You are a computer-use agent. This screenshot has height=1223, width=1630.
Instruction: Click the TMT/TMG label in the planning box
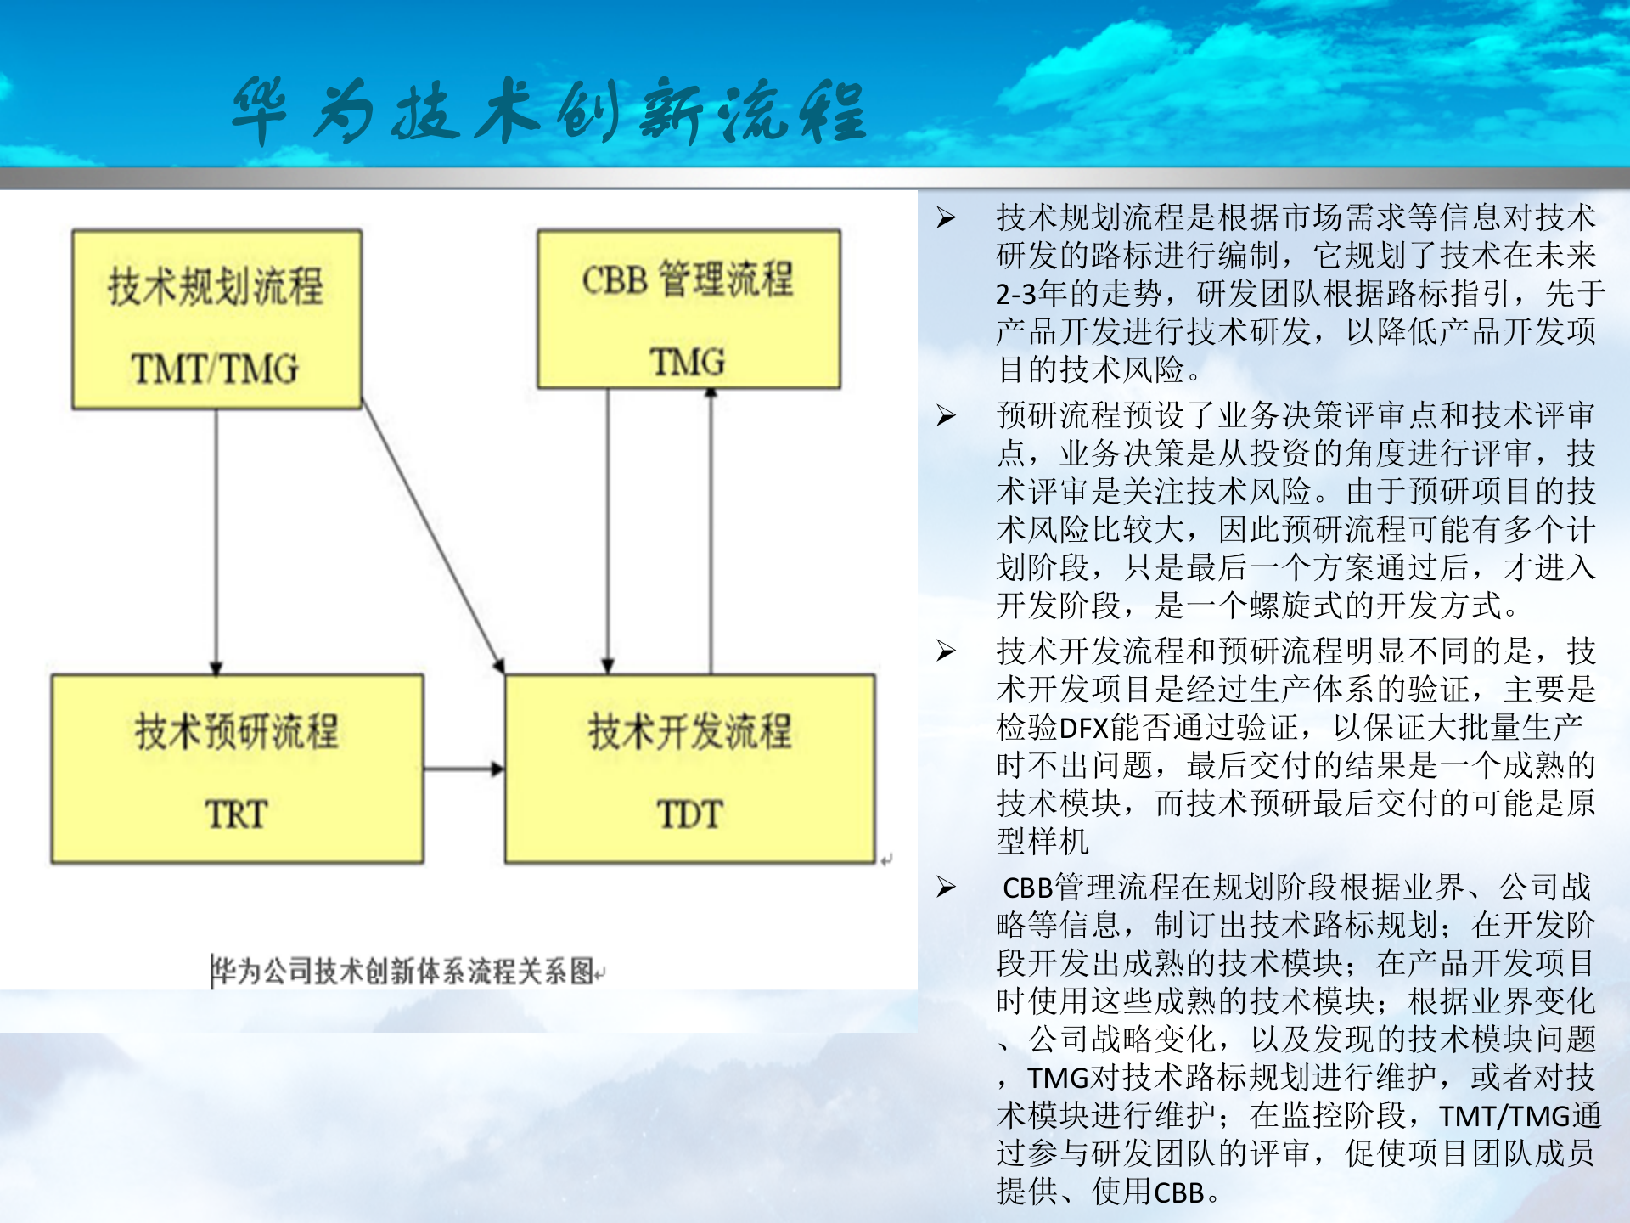tap(216, 369)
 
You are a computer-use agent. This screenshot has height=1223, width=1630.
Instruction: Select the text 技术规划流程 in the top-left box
tap(216, 285)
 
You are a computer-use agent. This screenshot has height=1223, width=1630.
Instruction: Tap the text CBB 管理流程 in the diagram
tap(688, 279)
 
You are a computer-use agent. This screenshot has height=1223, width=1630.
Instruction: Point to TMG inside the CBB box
tap(688, 362)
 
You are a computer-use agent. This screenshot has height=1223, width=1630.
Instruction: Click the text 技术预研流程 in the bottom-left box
tap(237, 731)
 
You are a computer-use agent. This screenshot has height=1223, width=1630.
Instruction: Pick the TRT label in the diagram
tap(237, 814)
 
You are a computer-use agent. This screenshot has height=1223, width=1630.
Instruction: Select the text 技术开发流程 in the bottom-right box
tap(689, 731)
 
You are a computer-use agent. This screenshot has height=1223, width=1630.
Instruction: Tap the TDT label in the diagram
tap(689, 814)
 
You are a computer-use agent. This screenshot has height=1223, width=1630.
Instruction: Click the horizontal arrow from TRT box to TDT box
tap(464, 769)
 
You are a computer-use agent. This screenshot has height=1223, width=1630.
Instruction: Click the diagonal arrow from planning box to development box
tap(433, 539)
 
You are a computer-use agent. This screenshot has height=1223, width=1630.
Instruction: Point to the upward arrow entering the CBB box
tap(711, 527)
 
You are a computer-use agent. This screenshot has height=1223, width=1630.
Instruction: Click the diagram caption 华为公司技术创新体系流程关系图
tap(403, 971)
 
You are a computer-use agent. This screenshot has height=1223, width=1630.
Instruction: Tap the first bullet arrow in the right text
tap(946, 218)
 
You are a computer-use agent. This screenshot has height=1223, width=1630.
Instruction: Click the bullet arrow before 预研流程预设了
tap(946, 415)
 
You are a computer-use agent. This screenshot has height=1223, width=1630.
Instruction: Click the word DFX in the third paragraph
tap(1084, 728)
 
